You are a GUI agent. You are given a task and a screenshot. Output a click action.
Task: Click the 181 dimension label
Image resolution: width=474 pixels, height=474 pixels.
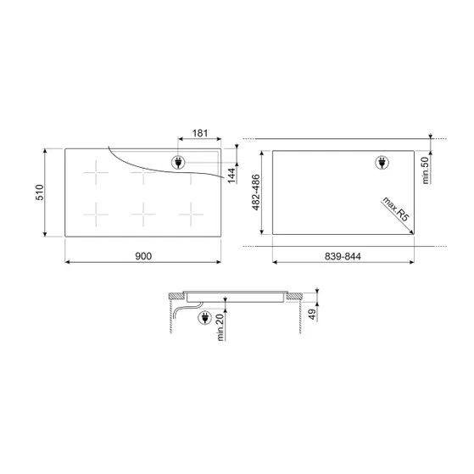coord(199,132)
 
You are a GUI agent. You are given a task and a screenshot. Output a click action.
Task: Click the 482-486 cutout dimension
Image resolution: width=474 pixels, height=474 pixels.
coord(255,194)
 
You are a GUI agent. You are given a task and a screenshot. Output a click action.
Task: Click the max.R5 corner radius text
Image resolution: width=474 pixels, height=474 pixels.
coord(394,209)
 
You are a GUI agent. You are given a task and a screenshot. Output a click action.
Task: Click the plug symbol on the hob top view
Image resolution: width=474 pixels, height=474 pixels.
coord(180,162)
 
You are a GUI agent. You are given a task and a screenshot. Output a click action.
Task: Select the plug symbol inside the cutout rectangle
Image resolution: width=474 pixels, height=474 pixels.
coord(381,164)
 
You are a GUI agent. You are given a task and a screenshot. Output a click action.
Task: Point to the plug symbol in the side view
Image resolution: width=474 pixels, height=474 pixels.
coord(203,318)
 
